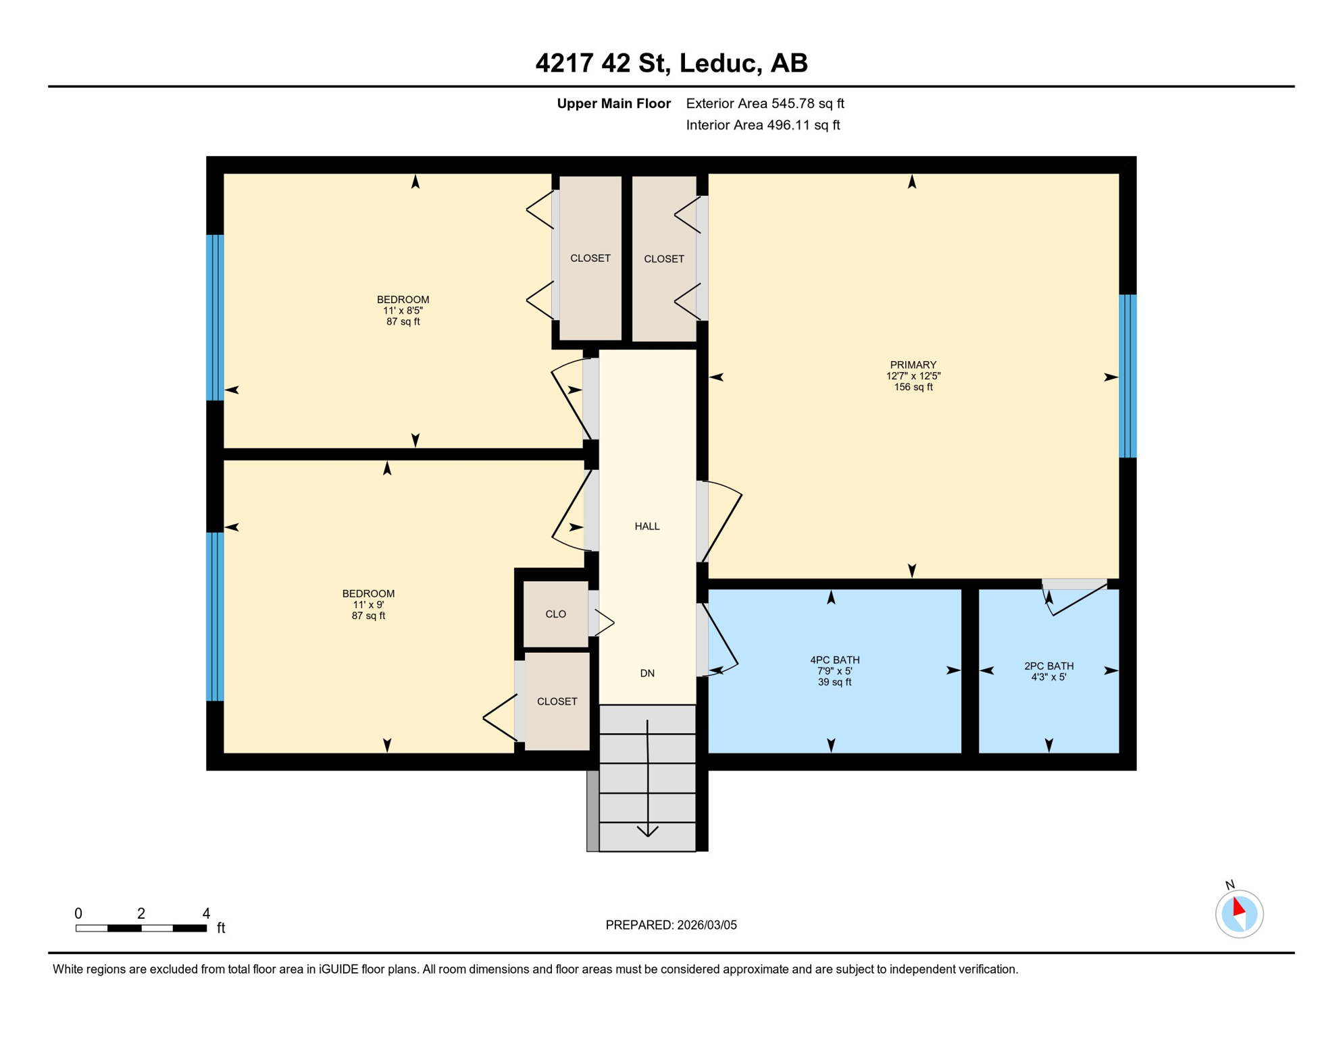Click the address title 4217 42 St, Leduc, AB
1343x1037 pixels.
[671, 63]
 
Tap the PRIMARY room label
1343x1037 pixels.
[913, 365]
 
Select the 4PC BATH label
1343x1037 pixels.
[834, 660]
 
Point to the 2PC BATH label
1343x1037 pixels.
[1048, 666]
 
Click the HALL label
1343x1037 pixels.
[647, 526]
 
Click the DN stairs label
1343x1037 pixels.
[647, 673]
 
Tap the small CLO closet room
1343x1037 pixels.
[555, 614]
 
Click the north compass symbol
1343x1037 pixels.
[1238, 913]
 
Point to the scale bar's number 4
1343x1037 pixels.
[206, 913]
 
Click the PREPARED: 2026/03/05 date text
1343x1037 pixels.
[671, 925]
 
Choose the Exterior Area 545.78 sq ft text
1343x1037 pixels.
[765, 103]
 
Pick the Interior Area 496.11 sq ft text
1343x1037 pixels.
[763, 125]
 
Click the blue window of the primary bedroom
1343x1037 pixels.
[1127, 376]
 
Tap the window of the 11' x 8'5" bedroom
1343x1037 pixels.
[215, 317]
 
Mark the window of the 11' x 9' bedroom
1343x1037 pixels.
[215, 616]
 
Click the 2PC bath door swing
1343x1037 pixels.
[1074, 600]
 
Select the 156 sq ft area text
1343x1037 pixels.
[913, 387]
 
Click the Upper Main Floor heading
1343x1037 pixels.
[613, 103]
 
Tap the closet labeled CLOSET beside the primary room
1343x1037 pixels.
[663, 259]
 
